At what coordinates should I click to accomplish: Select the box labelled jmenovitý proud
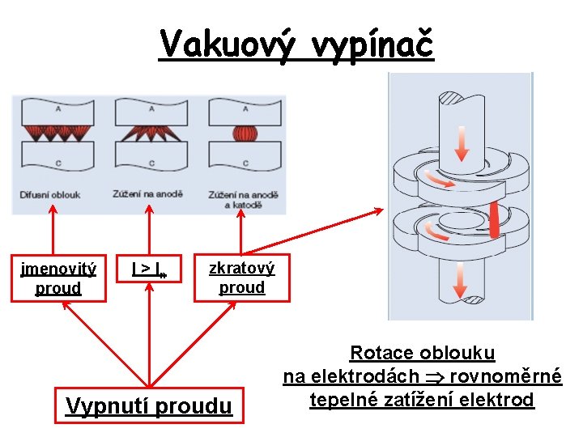(58, 278)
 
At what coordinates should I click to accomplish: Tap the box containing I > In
(149, 269)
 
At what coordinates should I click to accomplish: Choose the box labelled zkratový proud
(241, 278)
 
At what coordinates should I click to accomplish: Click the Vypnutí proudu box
(148, 405)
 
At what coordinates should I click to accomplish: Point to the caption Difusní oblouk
(50, 195)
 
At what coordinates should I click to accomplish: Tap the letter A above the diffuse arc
(58, 108)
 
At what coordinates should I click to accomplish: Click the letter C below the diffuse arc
(58, 163)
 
